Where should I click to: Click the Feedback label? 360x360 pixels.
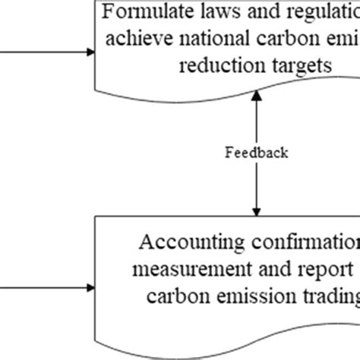point(257,153)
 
